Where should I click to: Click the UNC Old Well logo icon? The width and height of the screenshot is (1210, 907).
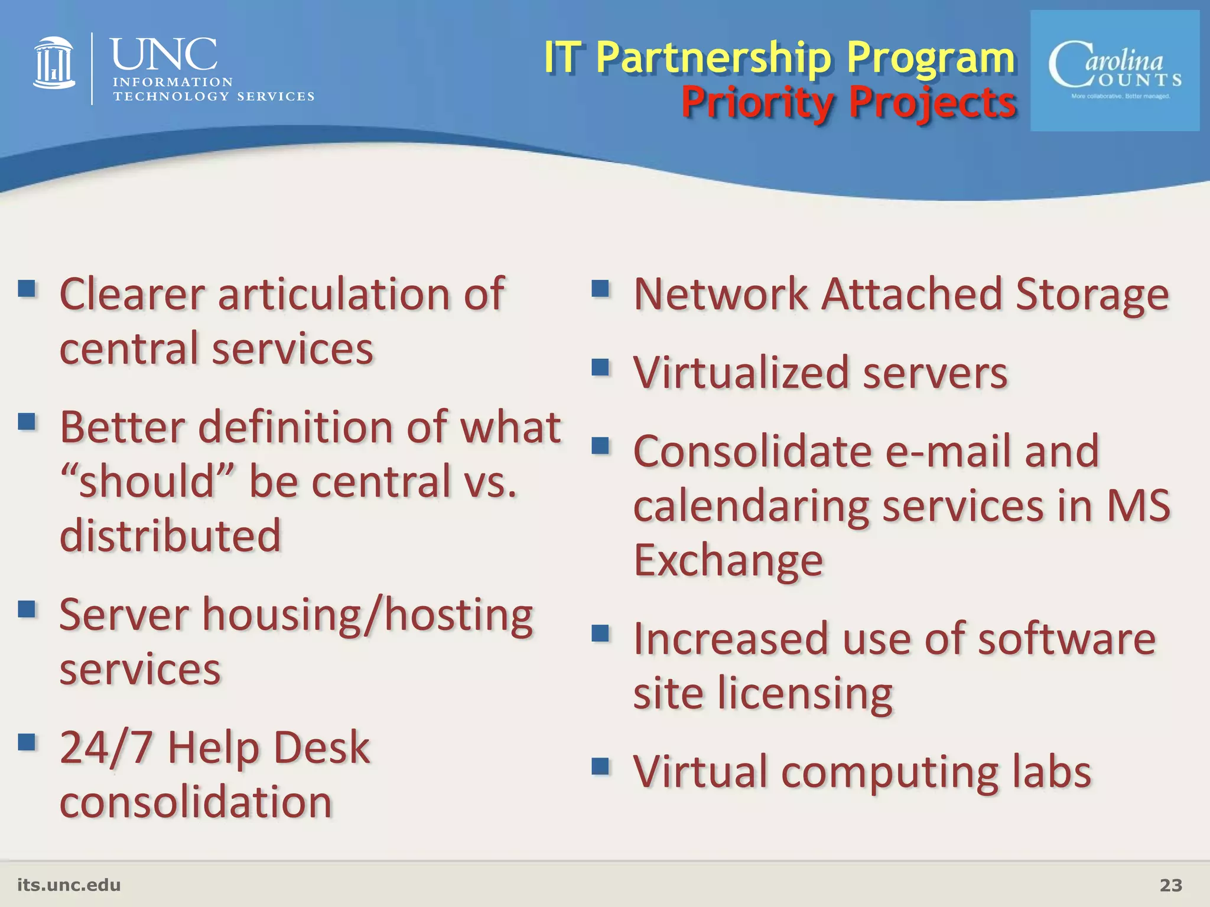click(x=54, y=63)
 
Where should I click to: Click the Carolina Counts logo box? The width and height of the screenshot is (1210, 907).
click(x=1115, y=71)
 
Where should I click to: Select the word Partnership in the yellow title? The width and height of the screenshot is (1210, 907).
click(x=714, y=58)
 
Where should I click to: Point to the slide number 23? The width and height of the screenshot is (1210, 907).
click(x=1170, y=885)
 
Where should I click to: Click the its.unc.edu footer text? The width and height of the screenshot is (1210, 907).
click(x=69, y=885)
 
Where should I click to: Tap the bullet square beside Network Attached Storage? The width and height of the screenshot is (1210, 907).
click(x=600, y=289)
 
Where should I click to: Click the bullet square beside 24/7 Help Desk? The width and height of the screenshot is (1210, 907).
click(x=27, y=742)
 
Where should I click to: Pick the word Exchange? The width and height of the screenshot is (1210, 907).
click(x=728, y=560)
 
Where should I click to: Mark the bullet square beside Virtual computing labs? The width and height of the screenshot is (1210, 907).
click(x=600, y=766)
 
